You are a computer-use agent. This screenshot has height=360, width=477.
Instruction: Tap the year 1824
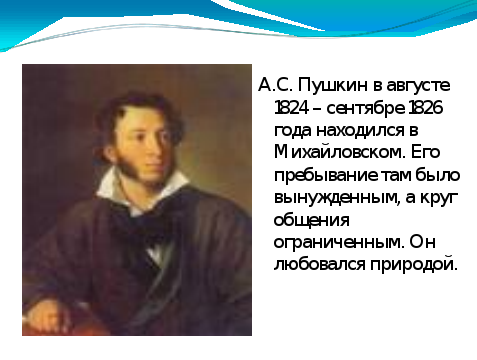point(291,108)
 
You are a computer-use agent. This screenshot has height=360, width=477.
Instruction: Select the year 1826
point(425,108)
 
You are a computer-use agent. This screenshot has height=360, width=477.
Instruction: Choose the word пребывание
point(326,176)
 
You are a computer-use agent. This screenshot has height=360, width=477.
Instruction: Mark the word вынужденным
point(336,198)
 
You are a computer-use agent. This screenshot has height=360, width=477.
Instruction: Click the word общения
point(312,221)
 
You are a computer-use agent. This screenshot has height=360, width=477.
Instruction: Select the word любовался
point(319,264)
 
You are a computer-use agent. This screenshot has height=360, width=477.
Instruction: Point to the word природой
point(413,265)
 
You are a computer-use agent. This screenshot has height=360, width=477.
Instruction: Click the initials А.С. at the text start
point(275,85)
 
